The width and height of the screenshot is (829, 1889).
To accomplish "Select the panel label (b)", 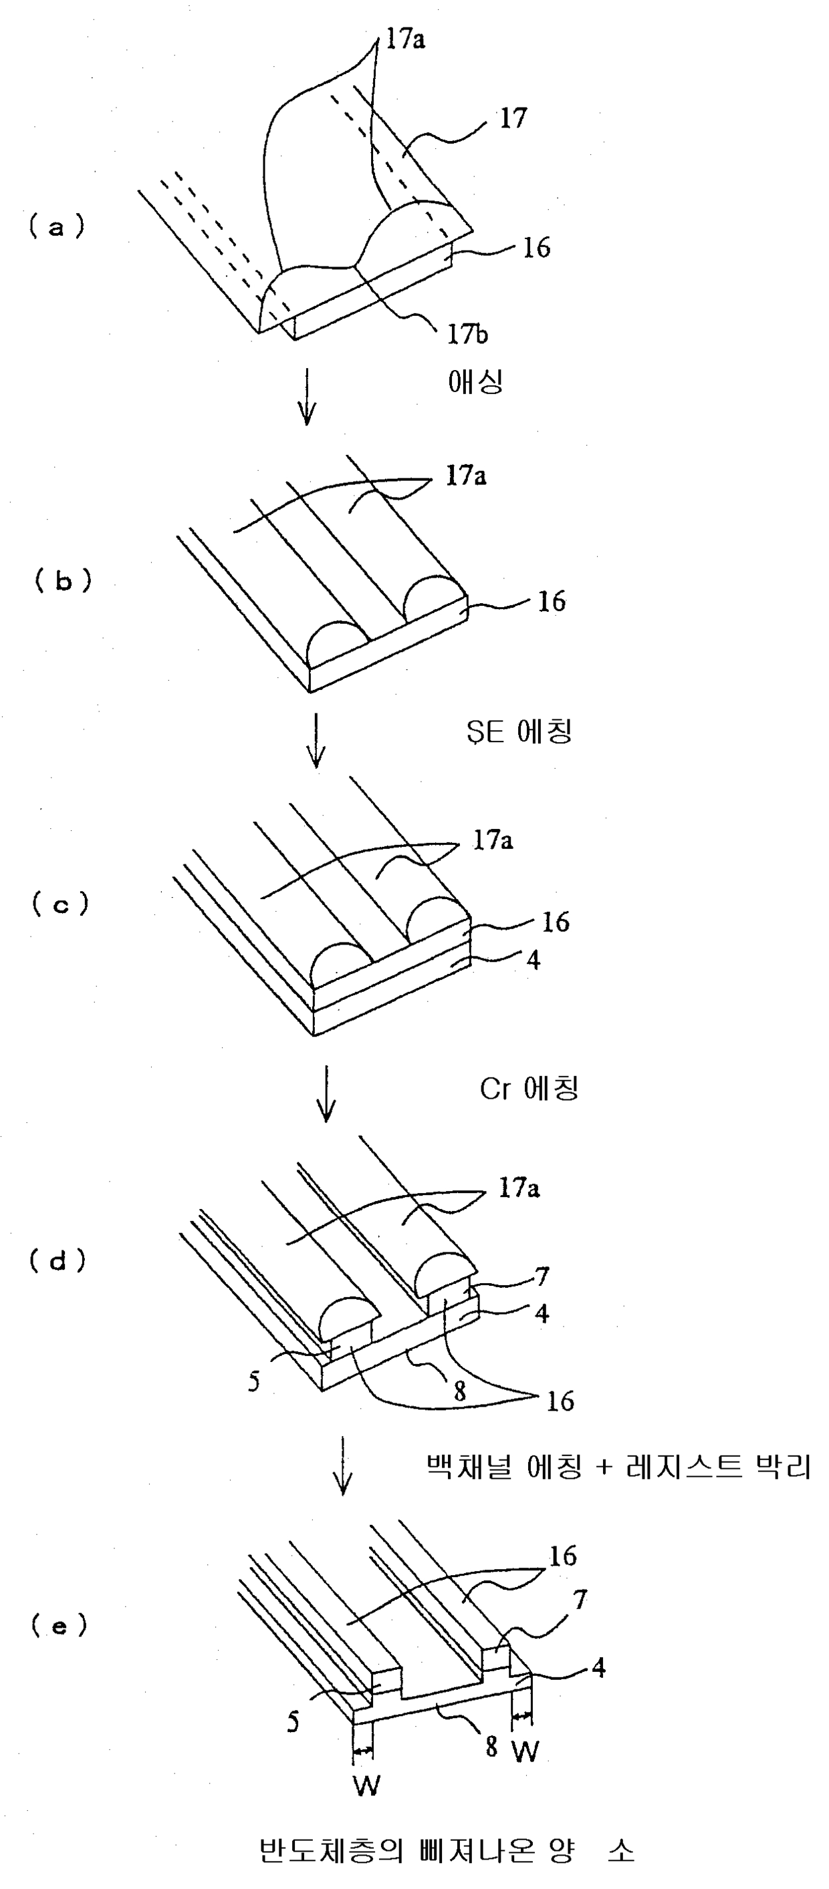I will click(x=63, y=580).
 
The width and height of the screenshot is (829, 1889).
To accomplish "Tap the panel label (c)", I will click(x=61, y=904).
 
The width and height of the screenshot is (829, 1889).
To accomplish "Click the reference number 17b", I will click(x=467, y=335).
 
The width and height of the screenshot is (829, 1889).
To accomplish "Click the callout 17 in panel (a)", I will click(x=513, y=118).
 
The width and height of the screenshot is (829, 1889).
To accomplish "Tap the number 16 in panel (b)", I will click(x=551, y=602).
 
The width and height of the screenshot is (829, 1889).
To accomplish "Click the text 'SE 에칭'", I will click(x=519, y=731).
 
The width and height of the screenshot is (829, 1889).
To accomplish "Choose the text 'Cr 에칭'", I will click(x=529, y=1089).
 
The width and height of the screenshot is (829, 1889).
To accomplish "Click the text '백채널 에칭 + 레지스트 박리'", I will click(x=618, y=1467).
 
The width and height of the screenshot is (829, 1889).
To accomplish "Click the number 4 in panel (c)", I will click(x=534, y=959).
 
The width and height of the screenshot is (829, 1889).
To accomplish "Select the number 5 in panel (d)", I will click(x=253, y=1381).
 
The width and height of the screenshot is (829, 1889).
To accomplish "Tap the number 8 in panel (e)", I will click(x=491, y=1747).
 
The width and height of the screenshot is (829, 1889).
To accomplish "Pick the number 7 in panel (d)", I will click(x=542, y=1276).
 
